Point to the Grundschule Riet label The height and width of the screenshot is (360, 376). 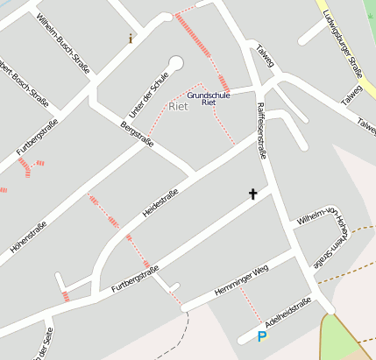[209, 98]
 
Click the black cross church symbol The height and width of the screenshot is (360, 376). [253, 194]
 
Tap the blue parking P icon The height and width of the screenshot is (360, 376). [261, 336]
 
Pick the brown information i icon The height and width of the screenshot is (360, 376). [131, 38]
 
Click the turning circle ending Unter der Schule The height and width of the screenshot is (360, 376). [176, 63]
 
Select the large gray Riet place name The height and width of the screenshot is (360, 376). [178, 107]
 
